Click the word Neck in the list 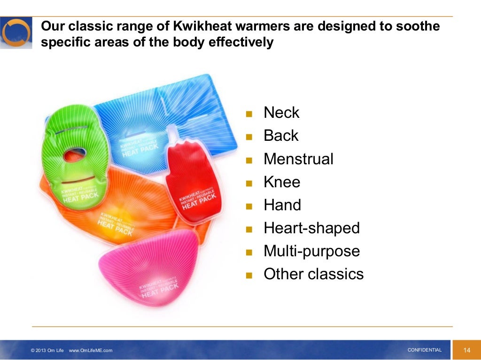(281, 113)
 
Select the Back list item (281, 136)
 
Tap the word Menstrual (298, 159)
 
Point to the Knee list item (282, 182)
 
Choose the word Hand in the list (282, 205)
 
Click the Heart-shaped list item (311, 228)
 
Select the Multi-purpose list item (311, 251)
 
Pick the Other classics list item (313, 274)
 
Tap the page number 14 (466, 350)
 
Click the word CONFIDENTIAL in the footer (424, 350)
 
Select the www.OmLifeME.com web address (91, 351)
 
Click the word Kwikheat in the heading (172, 27)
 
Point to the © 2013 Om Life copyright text (47, 351)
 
